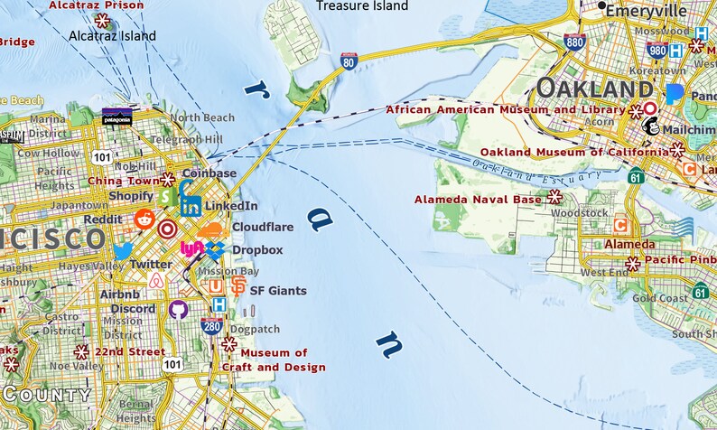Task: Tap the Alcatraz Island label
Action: coord(111,36)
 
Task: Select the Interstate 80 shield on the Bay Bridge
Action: coord(349,61)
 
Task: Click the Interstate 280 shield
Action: coord(211,325)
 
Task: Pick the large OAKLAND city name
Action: coord(593,89)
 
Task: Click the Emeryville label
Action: coord(647,11)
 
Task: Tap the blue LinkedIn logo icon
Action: coord(191,204)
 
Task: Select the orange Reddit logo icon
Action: coord(144,219)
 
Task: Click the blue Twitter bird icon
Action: coord(123,251)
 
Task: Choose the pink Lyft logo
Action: coord(191,248)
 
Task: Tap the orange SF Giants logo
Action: coord(237,286)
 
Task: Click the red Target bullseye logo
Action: coord(166,229)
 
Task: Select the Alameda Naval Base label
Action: coord(479,199)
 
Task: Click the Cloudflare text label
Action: coord(263,228)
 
